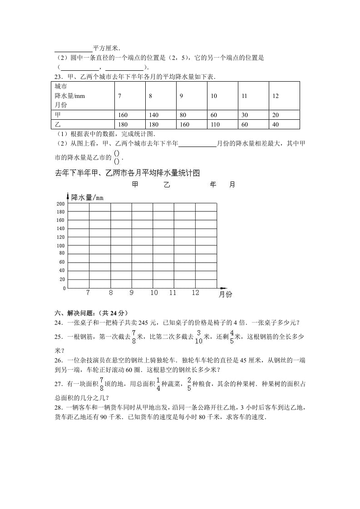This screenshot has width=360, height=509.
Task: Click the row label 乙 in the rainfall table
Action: pos(58,124)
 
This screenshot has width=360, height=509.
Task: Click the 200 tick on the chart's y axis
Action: pos(60,204)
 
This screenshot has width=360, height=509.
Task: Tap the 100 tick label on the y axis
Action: pos(60,246)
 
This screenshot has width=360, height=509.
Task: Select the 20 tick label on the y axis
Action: pos(62,279)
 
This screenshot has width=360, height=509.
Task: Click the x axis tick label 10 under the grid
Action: pos(154,293)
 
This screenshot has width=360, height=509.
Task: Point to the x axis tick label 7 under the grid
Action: pos(88,293)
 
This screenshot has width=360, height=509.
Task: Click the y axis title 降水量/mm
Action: pos(87,197)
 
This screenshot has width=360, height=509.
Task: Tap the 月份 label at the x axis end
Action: pos(225,294)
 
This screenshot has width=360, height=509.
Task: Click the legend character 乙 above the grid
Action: pos(167,185)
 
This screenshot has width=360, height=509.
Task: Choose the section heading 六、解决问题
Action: pos(78,313)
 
